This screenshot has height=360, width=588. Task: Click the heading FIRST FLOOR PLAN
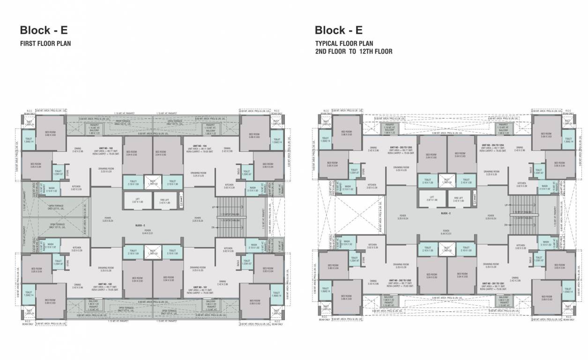[45, 44]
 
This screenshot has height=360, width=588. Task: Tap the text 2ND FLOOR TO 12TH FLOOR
[353, 52]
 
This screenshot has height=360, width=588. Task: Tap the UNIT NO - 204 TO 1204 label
[491, 146]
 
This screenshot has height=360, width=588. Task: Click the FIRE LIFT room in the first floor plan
[165, 201]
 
